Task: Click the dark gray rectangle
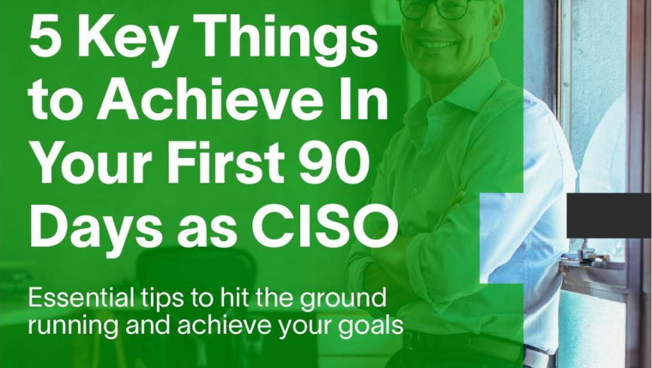(609, 215)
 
